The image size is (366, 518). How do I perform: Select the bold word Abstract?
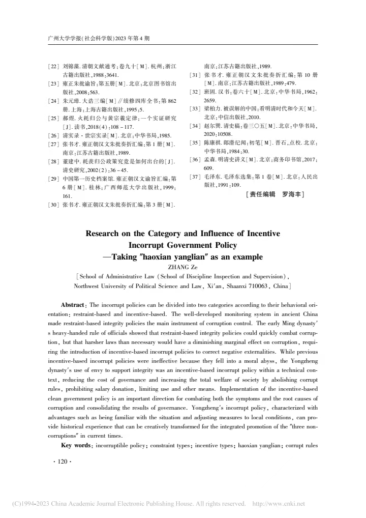[x=73, y=304]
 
